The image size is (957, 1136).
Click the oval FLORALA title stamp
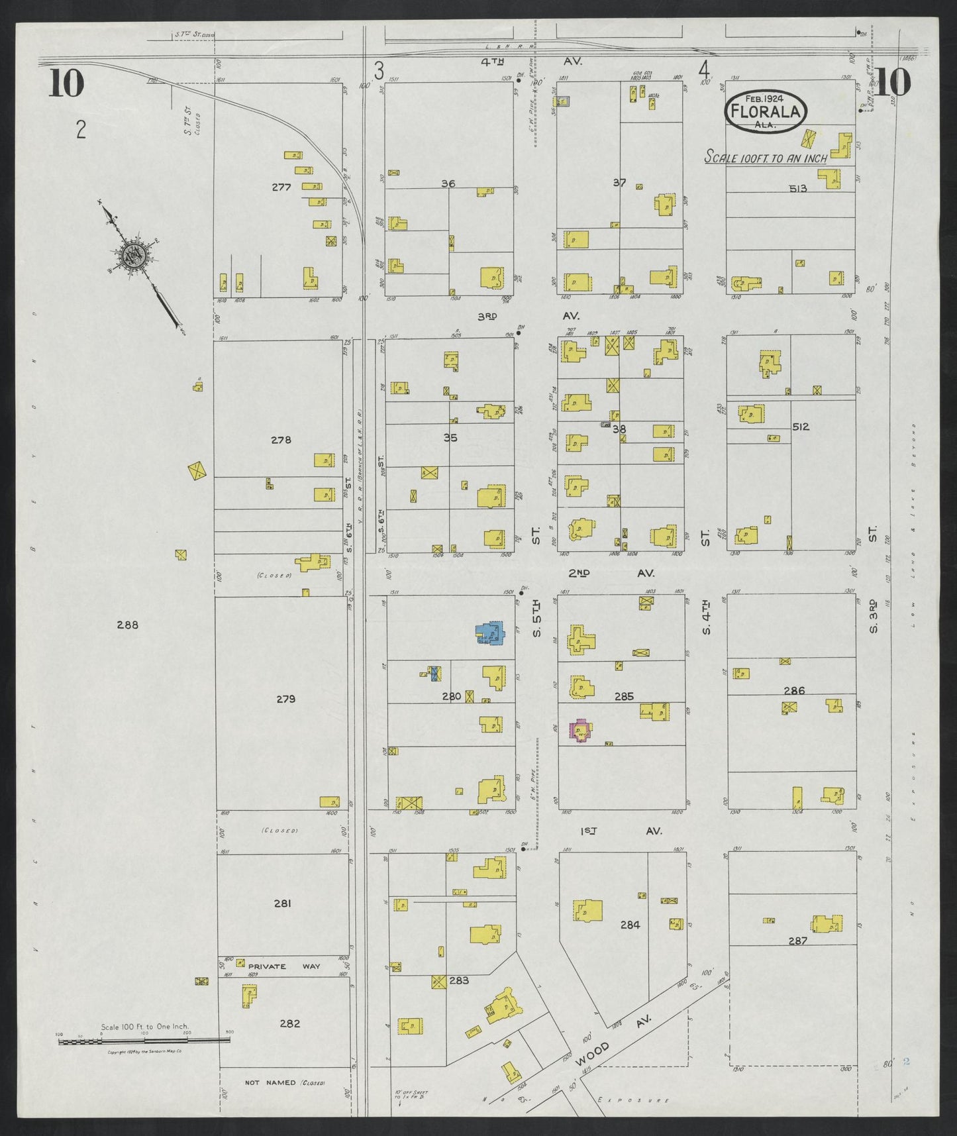tap(766, 111)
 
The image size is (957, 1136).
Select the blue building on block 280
tap(490, 633)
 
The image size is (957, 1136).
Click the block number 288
tap(127, 625)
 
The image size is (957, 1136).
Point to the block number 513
tap(797, 189)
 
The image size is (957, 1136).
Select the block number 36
tap(448, 183)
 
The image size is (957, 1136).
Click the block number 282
tap(289, 1042)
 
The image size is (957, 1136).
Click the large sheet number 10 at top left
tap(66, 83)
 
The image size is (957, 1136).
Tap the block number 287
tap(797, 940)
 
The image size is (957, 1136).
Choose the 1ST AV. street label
tap(619, 831)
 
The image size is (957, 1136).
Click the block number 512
tap(800, 427)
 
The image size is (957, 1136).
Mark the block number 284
tap(629, 925)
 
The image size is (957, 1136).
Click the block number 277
tap(281, 187)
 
